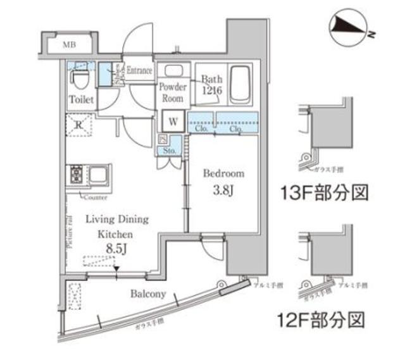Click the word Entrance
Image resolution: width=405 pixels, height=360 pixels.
(139, 70)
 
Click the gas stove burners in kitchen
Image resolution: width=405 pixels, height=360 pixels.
(76, 174)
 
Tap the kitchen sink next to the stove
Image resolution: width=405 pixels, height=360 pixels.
(99, 174)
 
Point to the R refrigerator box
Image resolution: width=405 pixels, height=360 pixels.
(78, 125)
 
